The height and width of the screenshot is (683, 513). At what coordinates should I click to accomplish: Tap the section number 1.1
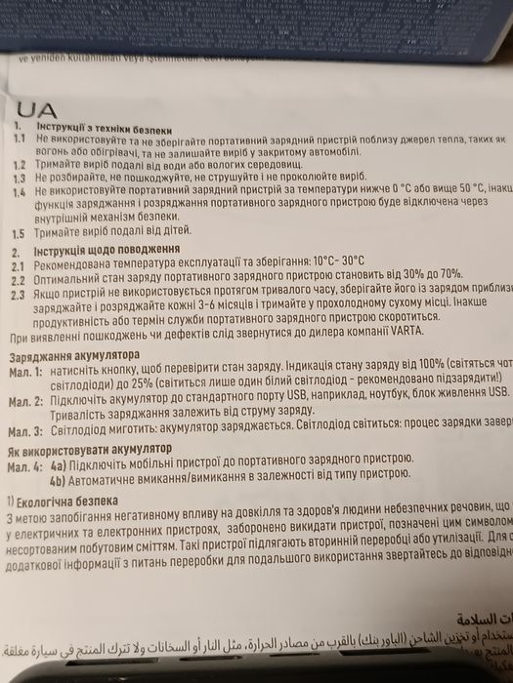click(x=19, y=141)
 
